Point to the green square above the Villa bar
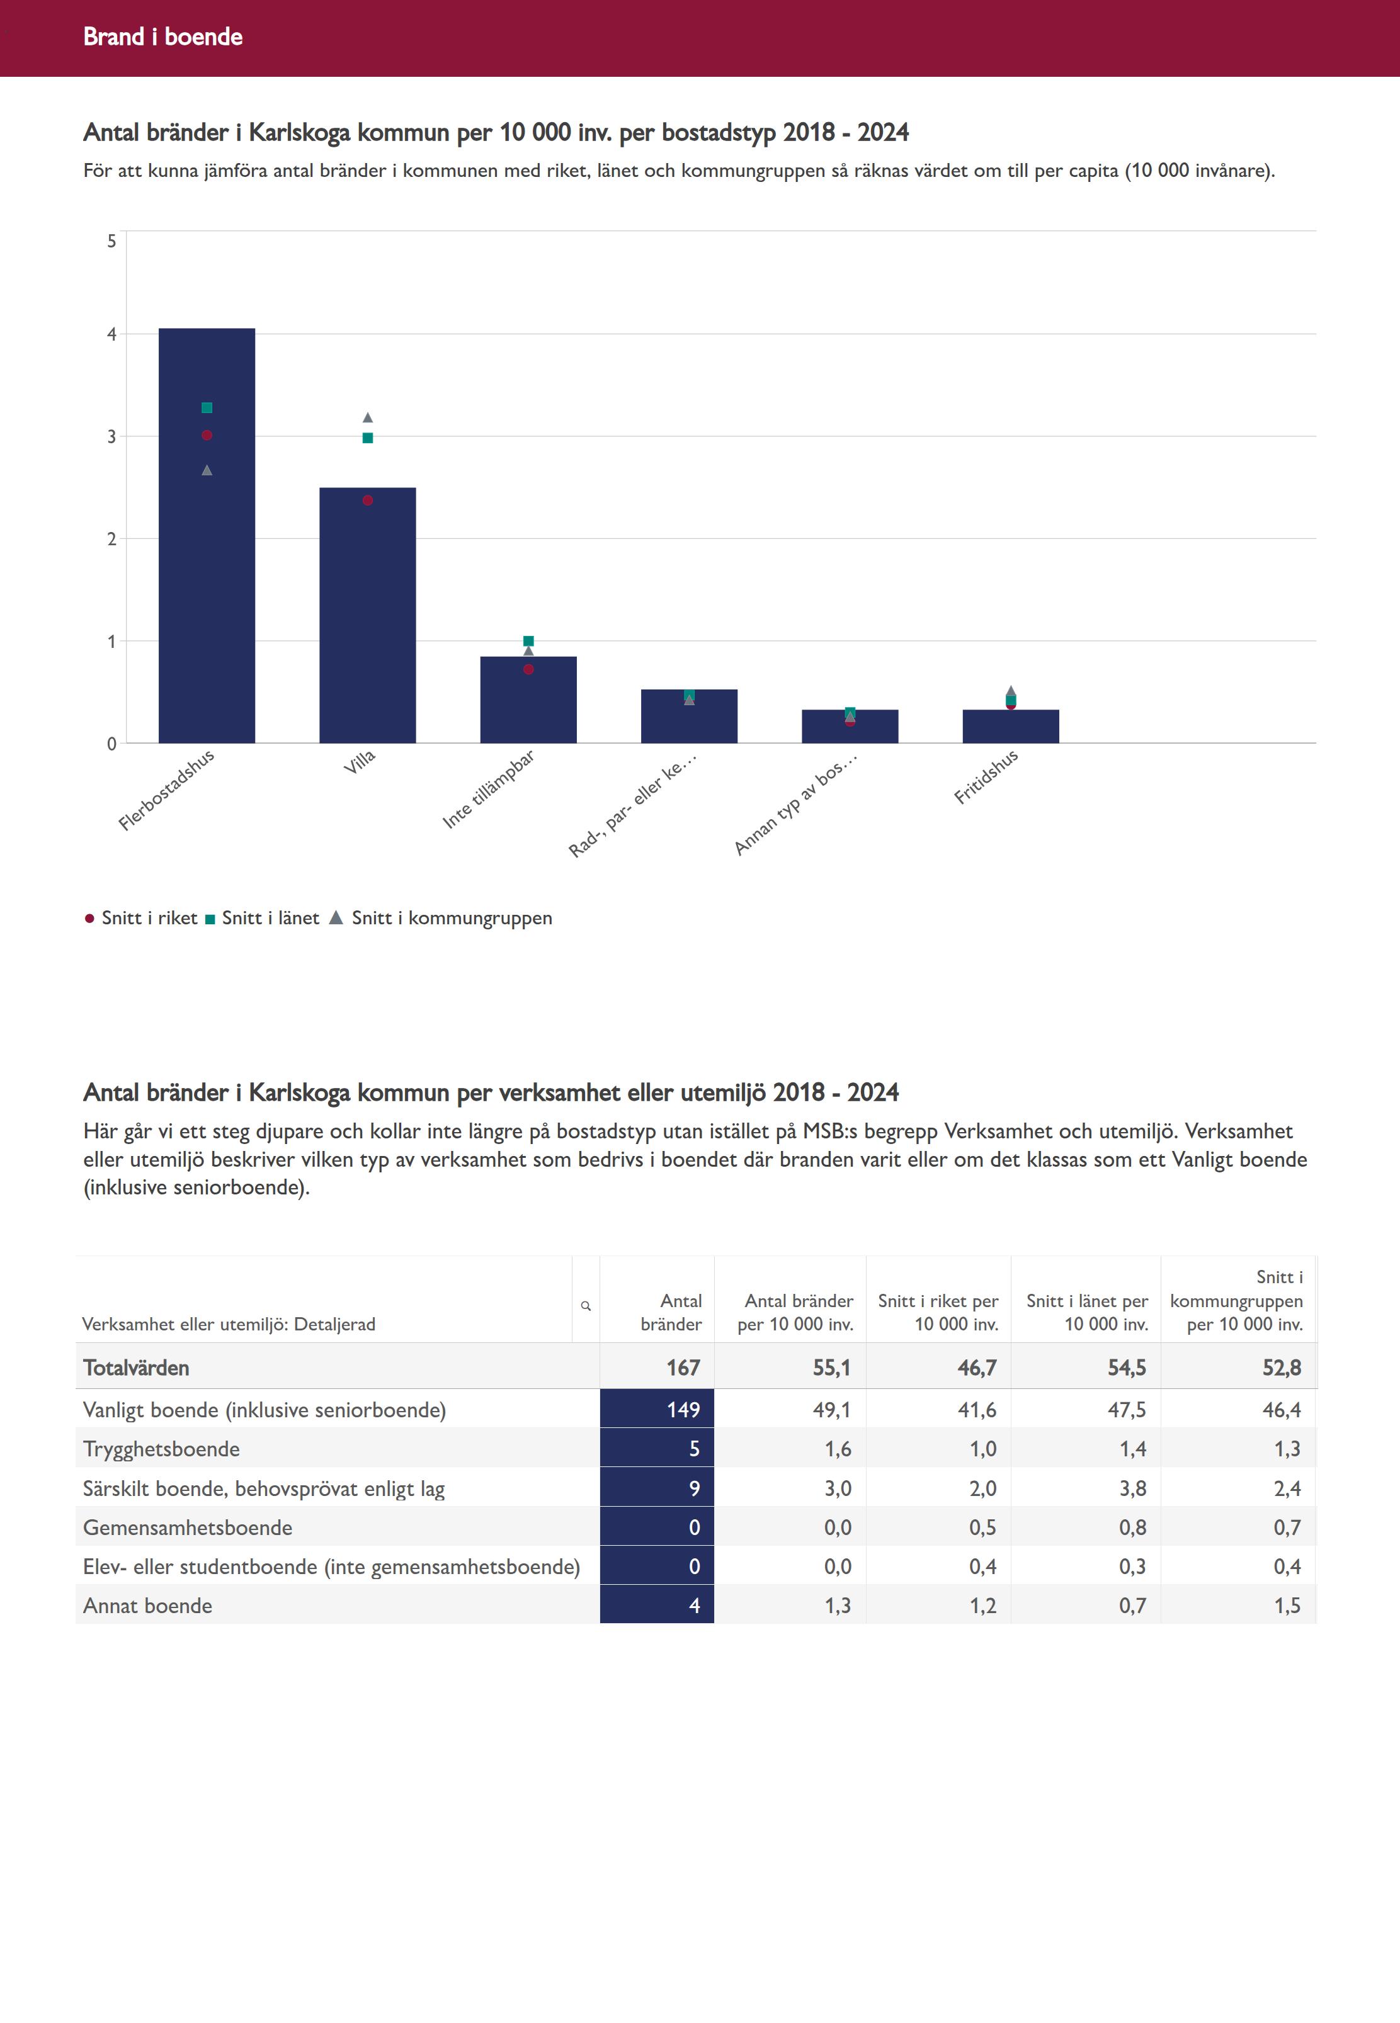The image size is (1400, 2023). [x=368, y=438]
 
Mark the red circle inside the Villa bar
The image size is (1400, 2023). [x=368, y=501]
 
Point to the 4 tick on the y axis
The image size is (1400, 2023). [x=111, y=334]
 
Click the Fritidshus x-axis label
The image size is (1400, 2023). [x=986, y=777]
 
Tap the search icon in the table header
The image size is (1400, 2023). [x=586, y=1306]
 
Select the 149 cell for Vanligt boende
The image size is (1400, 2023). [x=683, y=1410]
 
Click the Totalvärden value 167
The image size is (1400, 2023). [x=683, y=1368]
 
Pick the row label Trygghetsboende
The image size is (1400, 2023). [x=161, y=1449]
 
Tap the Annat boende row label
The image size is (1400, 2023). [x=147, y=1606]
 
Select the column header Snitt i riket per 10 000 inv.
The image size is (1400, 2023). [x=938, y=1313]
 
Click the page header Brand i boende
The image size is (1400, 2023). [x=163, y=37]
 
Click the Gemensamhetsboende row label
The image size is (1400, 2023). [x=188, y=1529]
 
